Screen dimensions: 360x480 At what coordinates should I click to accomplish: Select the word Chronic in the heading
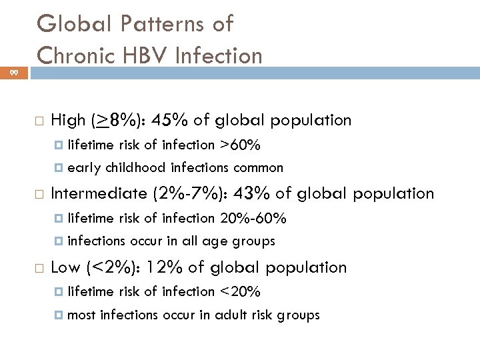click(77, 55)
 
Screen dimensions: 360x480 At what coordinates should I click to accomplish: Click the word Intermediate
click(99, 193)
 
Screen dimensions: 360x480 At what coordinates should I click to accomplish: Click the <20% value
click(240, 291)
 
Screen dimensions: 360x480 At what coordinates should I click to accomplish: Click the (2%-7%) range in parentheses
click(183, 193)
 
